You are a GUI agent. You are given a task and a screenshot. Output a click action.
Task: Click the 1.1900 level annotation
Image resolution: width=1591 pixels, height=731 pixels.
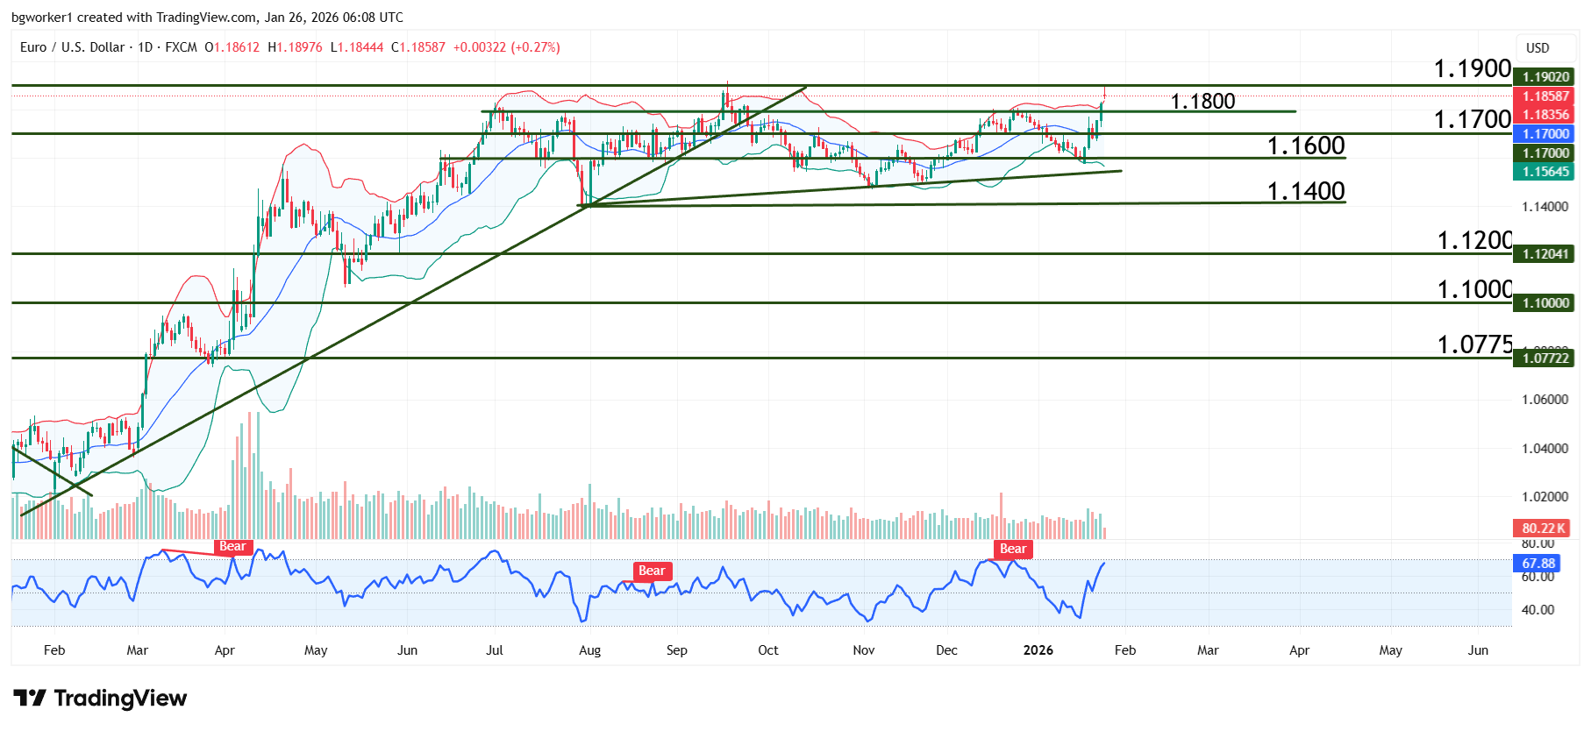tap(1472, 68)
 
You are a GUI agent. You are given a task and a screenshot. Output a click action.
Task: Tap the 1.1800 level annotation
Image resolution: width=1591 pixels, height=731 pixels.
tap(1202, 102)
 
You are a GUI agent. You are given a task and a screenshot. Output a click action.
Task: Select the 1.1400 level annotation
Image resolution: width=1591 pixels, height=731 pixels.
tap(1305, 191)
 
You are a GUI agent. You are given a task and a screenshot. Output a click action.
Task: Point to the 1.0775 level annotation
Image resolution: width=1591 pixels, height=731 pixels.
tap(1474, 345)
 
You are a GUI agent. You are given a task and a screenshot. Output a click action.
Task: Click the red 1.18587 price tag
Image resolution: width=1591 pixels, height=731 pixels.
tap(1545, 96)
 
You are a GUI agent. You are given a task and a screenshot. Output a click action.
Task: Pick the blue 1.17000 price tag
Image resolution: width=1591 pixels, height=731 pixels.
tap(1545, 134)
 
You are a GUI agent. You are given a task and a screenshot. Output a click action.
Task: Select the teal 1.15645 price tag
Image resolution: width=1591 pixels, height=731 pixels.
tap(1545, 172)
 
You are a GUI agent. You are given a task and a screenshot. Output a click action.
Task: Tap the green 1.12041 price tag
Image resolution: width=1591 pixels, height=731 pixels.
tap(1545, 254)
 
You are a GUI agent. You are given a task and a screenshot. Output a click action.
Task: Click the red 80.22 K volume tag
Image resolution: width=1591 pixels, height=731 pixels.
tap(1544, 529)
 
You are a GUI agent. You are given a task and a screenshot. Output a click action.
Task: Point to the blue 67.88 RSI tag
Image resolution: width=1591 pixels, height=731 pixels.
tap(1538, 564)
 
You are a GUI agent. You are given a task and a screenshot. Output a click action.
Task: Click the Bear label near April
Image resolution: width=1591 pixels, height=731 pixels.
tap(232, 547)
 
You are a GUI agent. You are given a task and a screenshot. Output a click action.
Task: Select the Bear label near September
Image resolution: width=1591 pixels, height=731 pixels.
tap(652, 571)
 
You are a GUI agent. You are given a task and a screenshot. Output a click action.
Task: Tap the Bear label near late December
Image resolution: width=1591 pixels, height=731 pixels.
tap(1013, 550)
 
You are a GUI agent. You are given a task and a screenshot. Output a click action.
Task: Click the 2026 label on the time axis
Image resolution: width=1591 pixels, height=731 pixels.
tap(1038, 650)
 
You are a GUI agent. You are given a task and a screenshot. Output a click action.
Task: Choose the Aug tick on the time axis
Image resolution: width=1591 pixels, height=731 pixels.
tap(589, 650)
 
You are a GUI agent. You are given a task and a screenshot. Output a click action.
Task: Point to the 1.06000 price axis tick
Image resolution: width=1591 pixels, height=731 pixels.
tap(1545, 400)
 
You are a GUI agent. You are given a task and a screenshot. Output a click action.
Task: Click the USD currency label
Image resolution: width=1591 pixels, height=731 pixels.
tap(1537, 48)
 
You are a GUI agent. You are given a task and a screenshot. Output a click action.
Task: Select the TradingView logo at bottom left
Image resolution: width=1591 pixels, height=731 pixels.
tap(100, 699)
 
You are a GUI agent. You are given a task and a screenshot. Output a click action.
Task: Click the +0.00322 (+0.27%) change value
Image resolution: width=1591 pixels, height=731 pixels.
tap(506, 47)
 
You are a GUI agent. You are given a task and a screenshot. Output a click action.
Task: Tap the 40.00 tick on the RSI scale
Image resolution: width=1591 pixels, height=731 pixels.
tap(1537, 610)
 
